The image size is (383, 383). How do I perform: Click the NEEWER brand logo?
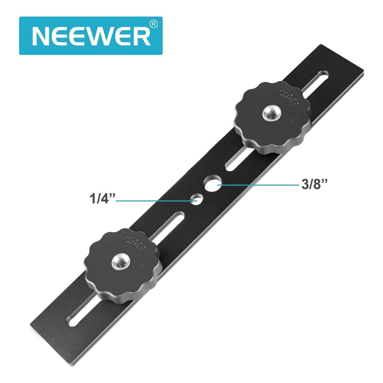point(91,36)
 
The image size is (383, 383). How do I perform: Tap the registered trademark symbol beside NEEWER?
point(153,24)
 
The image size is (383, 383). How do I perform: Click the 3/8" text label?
point(314,184)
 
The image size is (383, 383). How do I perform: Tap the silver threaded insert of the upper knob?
point(272,113)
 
